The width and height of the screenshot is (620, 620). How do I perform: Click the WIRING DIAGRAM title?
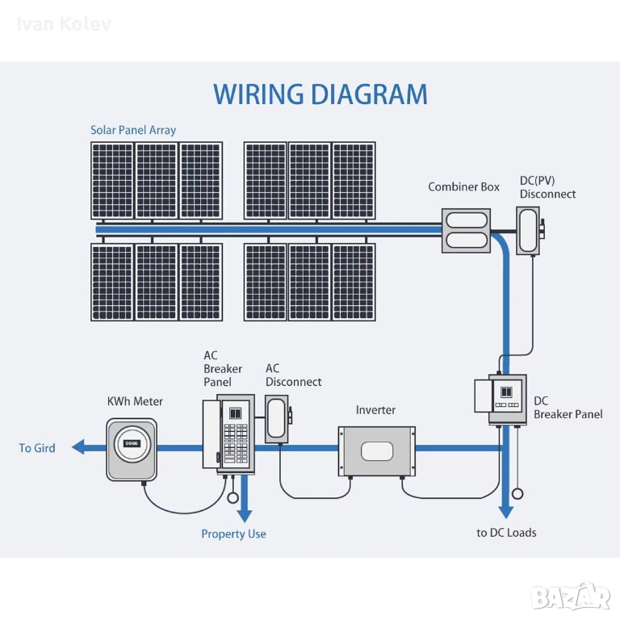pos(320,94)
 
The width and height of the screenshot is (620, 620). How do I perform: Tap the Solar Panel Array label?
pos(133,130)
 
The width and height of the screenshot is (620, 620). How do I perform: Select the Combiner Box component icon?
pos(466,230)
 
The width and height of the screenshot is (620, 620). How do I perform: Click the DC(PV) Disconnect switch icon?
pos(530,231)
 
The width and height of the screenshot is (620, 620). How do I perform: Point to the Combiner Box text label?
pos(463,187)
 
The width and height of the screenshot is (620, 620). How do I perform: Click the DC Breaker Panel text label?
pos(568,408)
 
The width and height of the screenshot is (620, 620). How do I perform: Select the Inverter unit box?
pos(376,450)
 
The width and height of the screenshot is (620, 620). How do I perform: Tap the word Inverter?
pos(376,410)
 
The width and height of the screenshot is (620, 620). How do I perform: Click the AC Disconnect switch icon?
pos(277,418)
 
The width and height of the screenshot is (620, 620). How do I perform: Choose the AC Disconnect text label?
pos(293,375)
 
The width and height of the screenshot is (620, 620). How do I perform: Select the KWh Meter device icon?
pos(132,447)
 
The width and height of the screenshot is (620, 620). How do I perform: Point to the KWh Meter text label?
pos(135,401)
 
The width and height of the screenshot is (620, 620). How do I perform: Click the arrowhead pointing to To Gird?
pos(77,447)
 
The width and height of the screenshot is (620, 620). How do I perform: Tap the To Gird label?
pos(37,448)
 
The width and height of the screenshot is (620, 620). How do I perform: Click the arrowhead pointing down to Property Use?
pos(245,515)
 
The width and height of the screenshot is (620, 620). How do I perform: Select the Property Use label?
pos(233,534)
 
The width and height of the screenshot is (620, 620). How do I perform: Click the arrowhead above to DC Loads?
pos(505,512)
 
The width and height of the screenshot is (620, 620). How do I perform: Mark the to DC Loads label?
pos(506,533)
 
